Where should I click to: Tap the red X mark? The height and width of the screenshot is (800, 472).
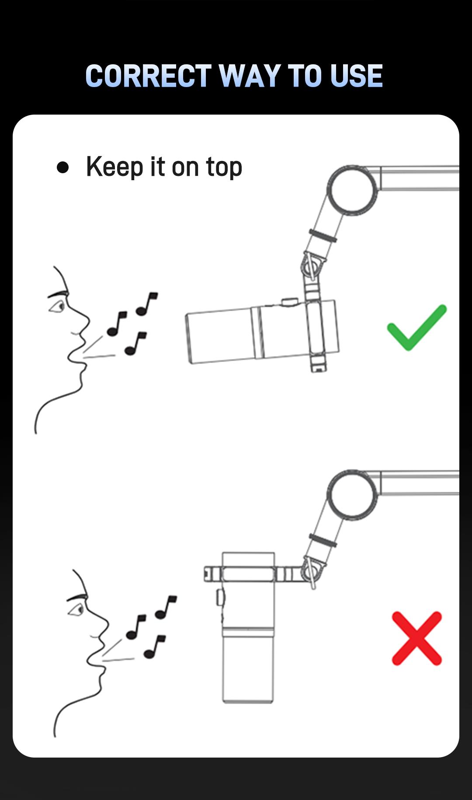417,638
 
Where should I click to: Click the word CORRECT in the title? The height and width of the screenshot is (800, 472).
148,76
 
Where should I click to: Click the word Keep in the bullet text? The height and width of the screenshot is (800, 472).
115,167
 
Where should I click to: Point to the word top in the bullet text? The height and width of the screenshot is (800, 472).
224,168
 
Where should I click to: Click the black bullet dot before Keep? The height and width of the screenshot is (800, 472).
63,168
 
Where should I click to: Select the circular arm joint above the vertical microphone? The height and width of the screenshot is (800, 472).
352,495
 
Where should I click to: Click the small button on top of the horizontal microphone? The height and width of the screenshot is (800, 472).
289,301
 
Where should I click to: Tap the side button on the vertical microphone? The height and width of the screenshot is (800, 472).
220,597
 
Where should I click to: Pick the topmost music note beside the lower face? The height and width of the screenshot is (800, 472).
166,607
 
